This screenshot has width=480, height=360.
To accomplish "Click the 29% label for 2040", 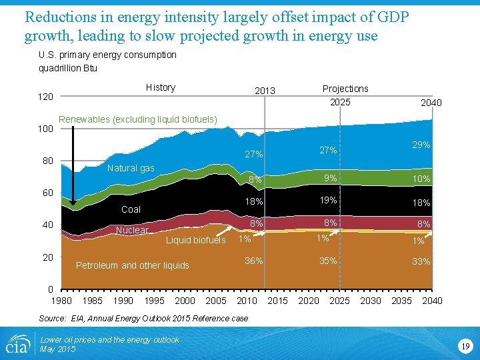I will coord(421,145).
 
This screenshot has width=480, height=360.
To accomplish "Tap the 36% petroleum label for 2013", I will coord(253,261).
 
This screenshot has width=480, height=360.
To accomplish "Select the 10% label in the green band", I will coord(421,179).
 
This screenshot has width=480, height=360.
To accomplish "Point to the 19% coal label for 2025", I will coord(327,200).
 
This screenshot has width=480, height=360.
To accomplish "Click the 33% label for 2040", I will coord(421,261).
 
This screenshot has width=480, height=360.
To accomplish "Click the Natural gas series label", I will coord(131,168).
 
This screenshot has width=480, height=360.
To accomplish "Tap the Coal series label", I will coord(131,209).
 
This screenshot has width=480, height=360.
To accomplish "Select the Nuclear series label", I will coord(132,230).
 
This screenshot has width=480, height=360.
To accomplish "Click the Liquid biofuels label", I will coord(195,240).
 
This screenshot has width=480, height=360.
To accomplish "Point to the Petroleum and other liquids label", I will coord(133,265).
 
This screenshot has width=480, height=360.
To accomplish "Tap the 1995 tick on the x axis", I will coord(154,301).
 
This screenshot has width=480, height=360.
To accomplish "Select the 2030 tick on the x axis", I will coord(370,301).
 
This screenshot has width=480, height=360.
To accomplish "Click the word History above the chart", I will coord(160,87).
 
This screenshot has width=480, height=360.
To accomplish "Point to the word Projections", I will coord(345,89).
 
